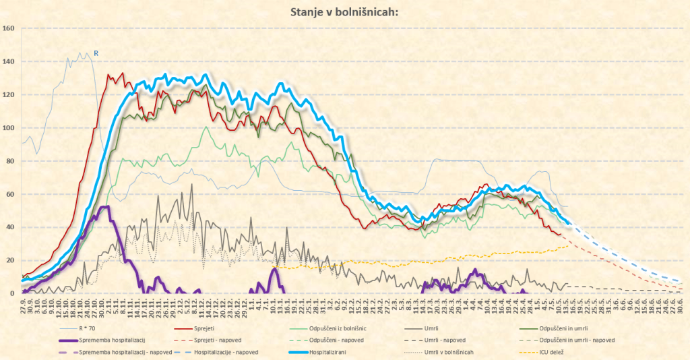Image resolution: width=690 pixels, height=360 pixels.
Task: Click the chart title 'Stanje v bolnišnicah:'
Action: click(344, 11)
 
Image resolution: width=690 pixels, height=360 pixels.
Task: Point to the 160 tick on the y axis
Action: click(9, 28)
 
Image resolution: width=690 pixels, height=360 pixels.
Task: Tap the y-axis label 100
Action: click(9, 128)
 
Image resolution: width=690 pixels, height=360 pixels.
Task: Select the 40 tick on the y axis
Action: click(9, 227)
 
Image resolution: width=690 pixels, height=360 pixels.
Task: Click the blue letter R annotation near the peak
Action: click(96, 53)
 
